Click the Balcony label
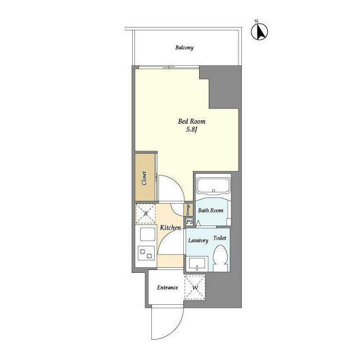click(x=184, y=48)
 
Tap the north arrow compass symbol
click(x=259, y=31)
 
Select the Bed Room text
click(x=192, y=121)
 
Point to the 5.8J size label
click(x=192, y=129)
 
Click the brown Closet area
click(x=145, y=177)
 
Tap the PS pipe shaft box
click(x=190, y=222)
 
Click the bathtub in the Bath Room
click(x=213, y=186)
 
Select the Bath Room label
click(x=210, y=210)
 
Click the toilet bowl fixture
click(x=220, y=258)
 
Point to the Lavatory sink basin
click(x=197, y=264)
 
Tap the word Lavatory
click(x=198, y=240)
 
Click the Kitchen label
click(x=170, y=228)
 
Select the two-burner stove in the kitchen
click(x=146, y=253)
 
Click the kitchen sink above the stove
click(x=147, y=234)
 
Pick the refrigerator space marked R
click(x=146, y=214)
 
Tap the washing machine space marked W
click(x=195, y=287)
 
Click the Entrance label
click(x=168, y=287)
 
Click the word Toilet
click(x=220, y=238)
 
